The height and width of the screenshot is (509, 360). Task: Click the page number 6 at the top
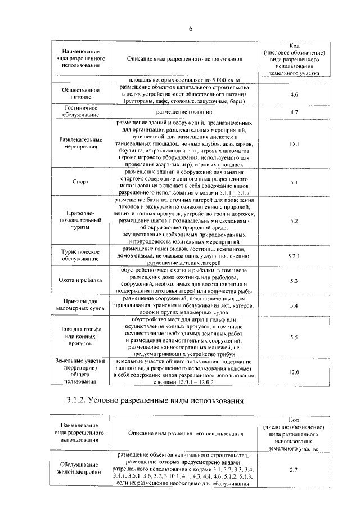pos(191,29)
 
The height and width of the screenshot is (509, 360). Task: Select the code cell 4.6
pos(293,94)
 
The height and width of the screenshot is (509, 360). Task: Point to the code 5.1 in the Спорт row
pos(293,183)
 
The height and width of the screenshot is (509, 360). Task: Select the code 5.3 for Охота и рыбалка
pos(293,280)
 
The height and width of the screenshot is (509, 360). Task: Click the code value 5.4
pos(293,305)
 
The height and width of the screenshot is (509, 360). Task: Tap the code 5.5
pos(293,337)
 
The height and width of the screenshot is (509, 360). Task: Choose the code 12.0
pos(293,372)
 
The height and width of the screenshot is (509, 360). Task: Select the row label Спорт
pos(80,183)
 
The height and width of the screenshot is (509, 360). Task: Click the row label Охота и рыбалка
pos(80,280)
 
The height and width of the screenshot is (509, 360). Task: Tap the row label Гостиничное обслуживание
pos(80,111)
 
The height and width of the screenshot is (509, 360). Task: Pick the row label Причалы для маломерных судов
pos(80,305)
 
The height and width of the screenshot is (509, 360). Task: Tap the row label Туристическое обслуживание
pos(80,256)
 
